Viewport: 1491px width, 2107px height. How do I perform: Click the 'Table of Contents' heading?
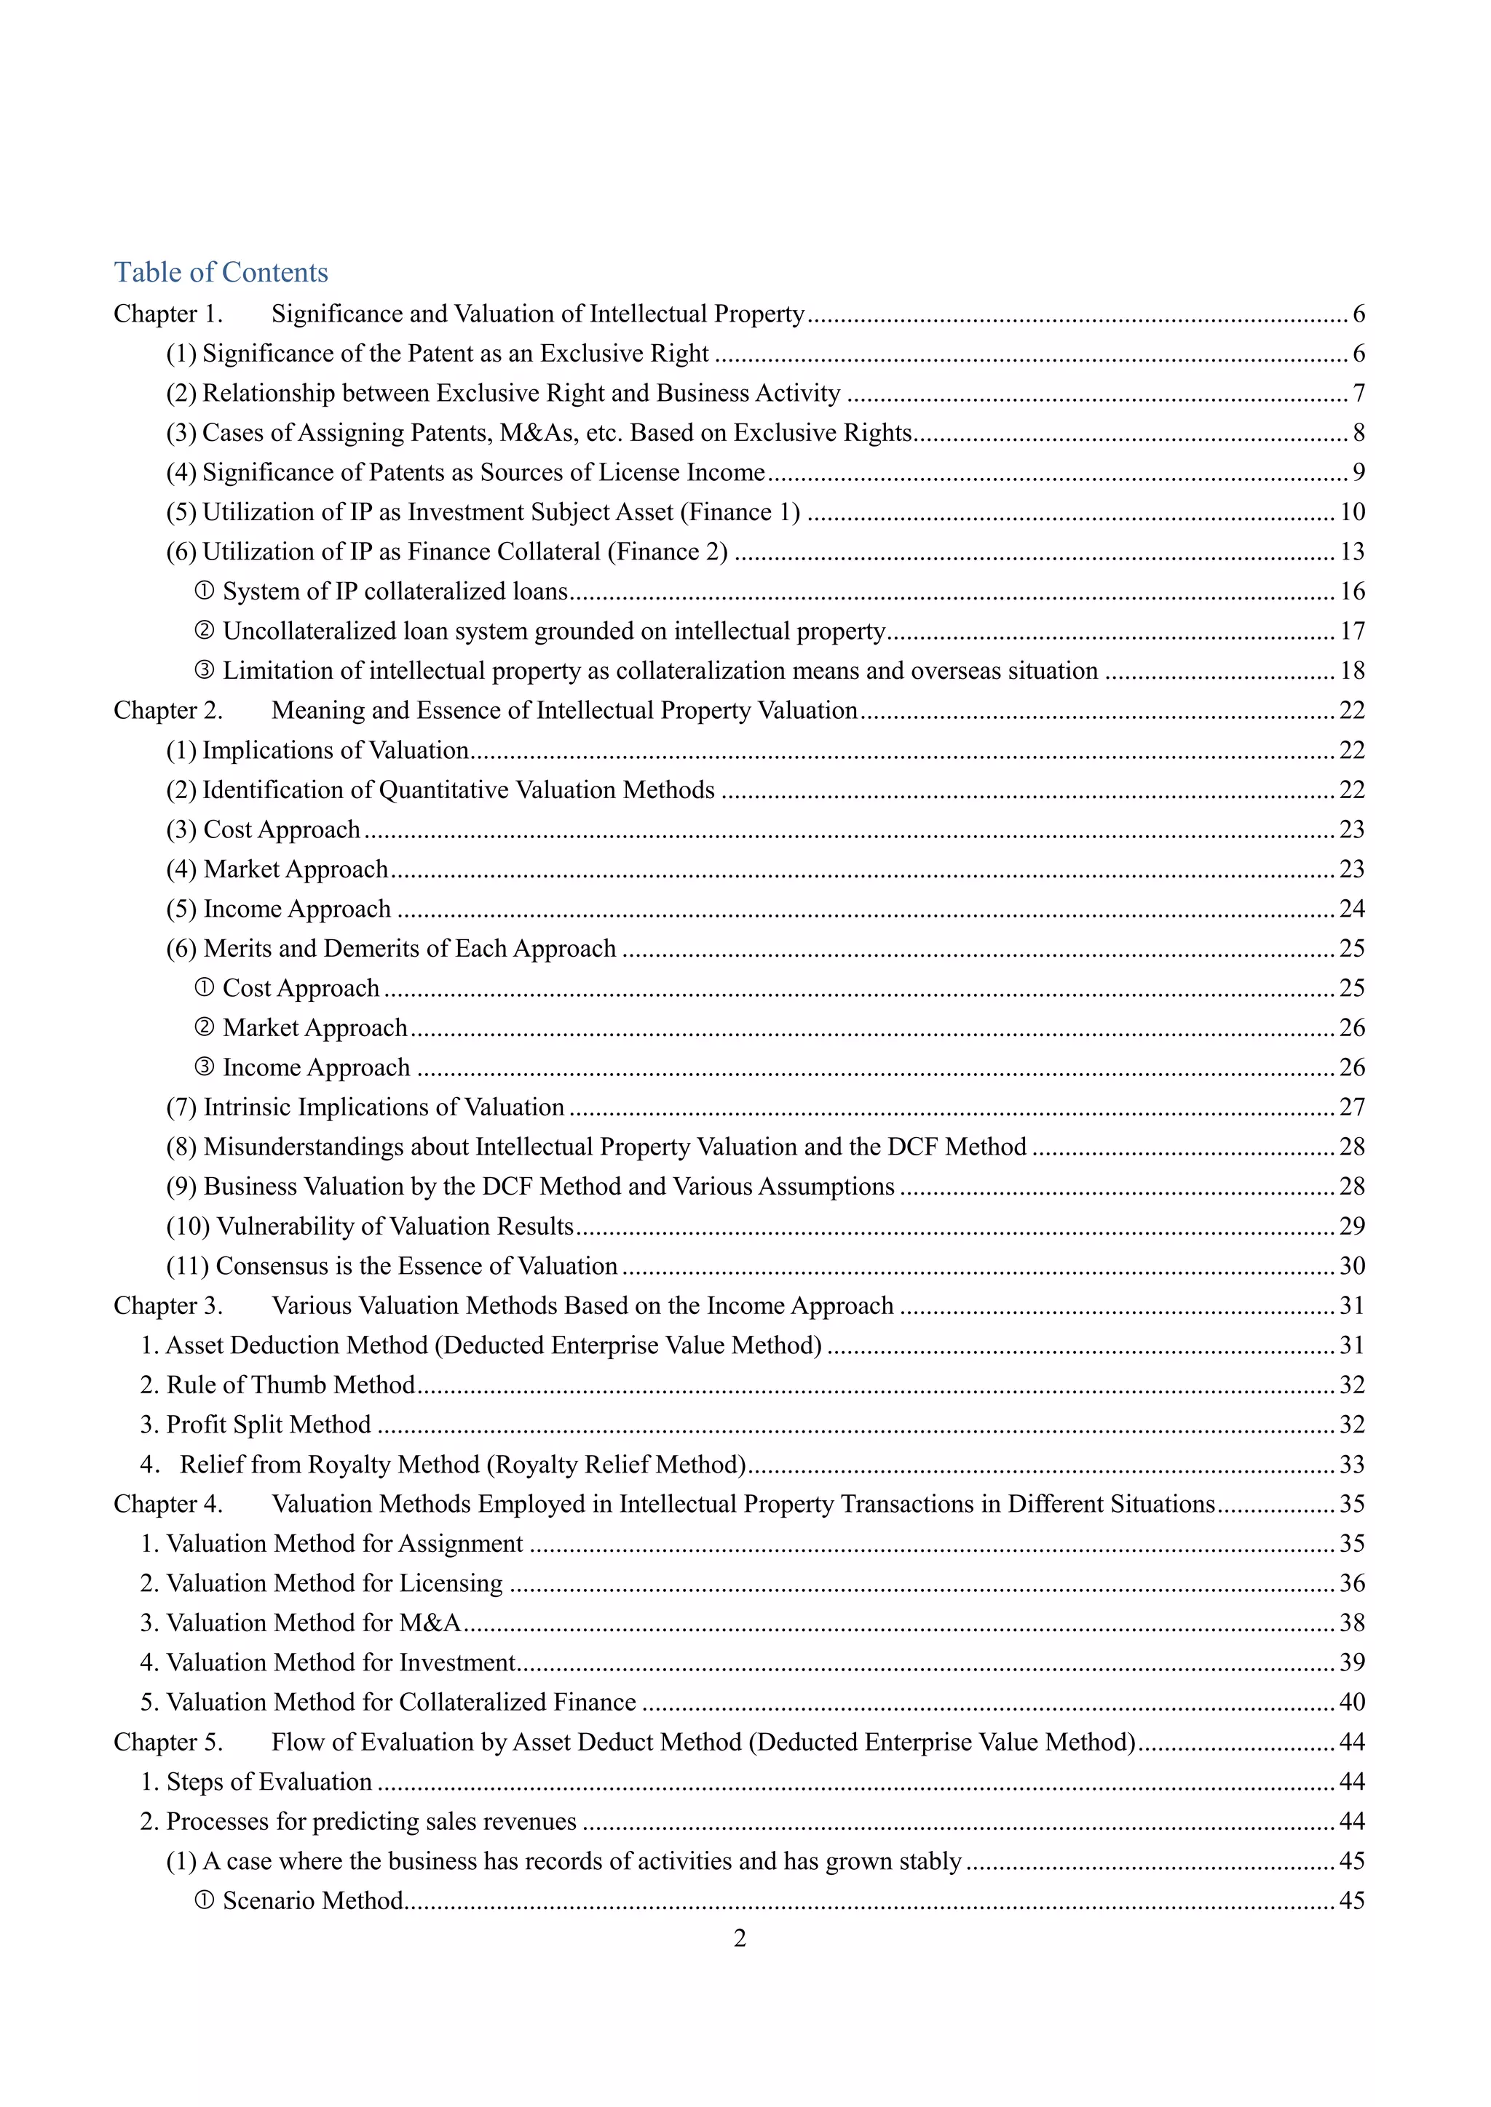[x=221, y=273]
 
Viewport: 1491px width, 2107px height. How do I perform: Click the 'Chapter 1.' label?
[x=168, y=314]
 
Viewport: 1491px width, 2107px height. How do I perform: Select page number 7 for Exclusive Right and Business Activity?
[x=1358, y=394]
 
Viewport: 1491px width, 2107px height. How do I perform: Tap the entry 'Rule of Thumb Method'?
[x=290, y=1385]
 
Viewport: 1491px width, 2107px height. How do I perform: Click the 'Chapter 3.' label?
[x=168, y=1306]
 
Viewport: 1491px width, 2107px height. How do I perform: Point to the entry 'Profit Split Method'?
[x=268, y=1425]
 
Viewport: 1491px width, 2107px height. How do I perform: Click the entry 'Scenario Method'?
[x=312, y=1900]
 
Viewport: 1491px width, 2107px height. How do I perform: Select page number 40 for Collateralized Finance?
[x=1351, y=1702]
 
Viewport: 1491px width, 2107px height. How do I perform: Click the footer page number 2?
[x=740, y=1938]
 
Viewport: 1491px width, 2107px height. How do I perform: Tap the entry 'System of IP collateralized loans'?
[x=395, y=592]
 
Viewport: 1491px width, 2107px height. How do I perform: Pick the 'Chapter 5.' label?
[x=168, y=1742]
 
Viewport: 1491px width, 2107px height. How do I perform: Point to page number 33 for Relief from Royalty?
[x=1351, y=1465]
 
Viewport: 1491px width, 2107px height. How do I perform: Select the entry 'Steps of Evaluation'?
[x=268, y=1782]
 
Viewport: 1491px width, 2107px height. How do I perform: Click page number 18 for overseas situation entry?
[x=1351, y=671]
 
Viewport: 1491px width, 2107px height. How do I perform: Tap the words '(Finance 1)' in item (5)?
[x=740, y=512]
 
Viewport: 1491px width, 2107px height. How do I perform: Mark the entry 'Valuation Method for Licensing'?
[x=334, y=1583]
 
